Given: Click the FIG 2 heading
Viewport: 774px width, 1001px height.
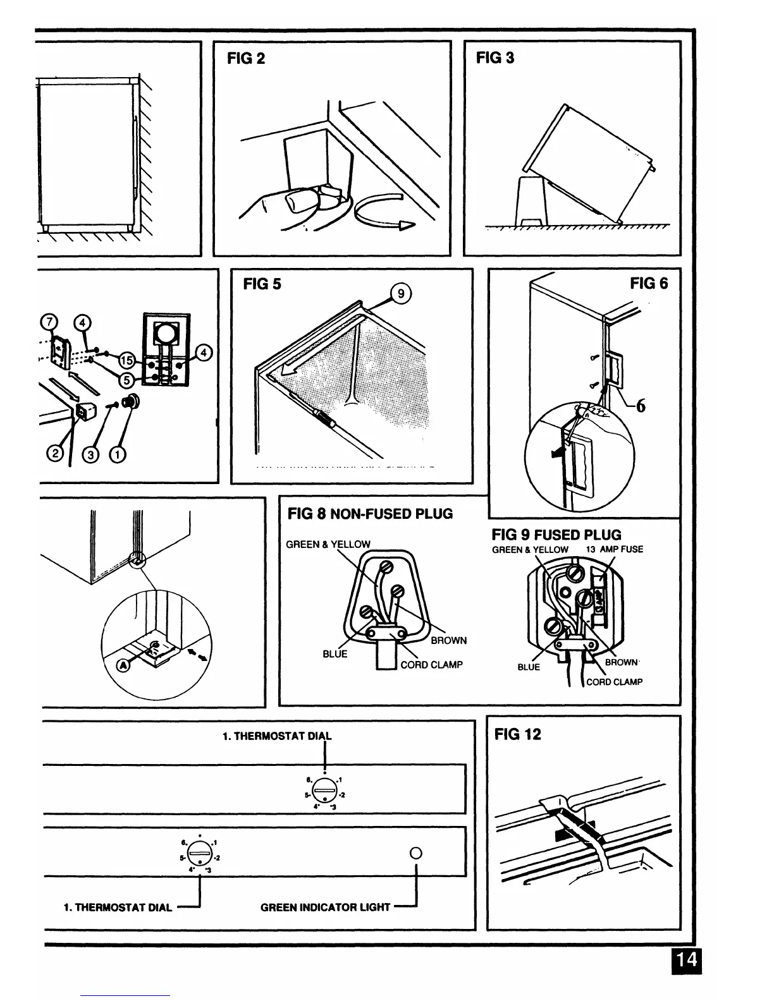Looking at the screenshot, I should click(246, 59).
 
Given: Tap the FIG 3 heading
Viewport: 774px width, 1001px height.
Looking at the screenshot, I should click(495, 58).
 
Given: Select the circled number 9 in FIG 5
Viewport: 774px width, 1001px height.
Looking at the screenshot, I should click(401, 294).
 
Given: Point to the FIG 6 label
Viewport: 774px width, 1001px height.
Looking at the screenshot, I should click(648, 284).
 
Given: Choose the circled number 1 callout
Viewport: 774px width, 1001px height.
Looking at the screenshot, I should click(118, 454).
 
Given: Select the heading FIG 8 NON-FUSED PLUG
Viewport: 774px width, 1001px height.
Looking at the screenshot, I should click(370, 514).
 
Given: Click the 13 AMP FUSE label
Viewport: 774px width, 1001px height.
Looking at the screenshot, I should click(614, 550).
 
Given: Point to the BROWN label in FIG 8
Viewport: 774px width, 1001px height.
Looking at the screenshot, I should click(448, 640).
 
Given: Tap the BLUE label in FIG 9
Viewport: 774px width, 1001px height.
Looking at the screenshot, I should click(529, 667).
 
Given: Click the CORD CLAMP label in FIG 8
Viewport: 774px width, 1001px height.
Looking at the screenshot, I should click(431, 665).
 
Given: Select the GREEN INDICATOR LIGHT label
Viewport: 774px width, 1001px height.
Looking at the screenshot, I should click(325, 907).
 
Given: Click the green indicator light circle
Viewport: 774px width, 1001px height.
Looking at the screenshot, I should click(415, 852).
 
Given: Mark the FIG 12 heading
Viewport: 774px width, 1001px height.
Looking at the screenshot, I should click(518, 734).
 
